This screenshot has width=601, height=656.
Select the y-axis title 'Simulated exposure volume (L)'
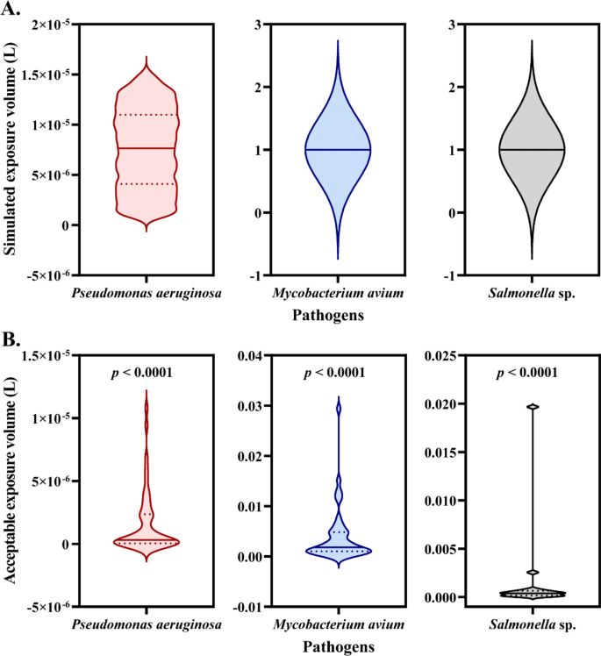11,153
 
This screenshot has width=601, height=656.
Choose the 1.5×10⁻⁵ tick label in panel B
39,355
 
